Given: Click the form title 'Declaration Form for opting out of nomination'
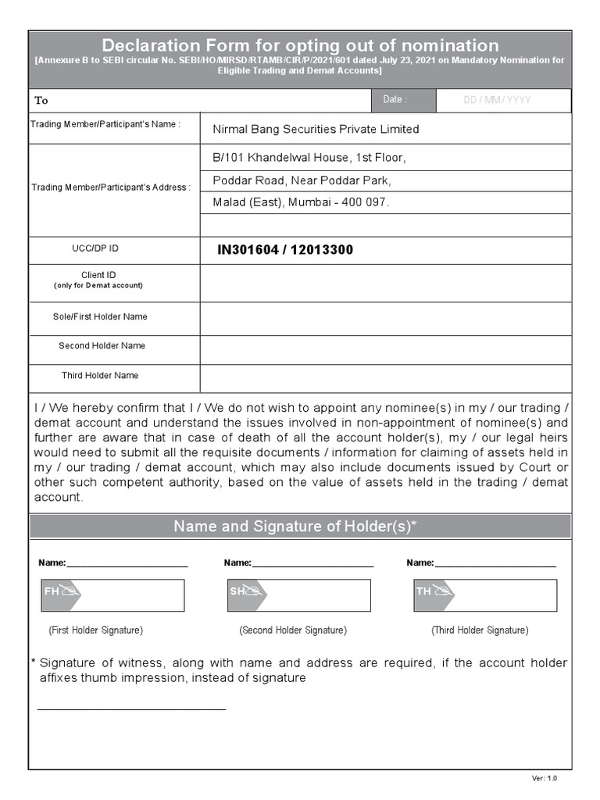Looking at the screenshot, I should pyautogui.click(x=300, y=45).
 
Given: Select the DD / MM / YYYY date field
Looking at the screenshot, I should pyautogui.click(x=497, y=100).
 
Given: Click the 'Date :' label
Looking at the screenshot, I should pyautogui.click(x=394, y=100).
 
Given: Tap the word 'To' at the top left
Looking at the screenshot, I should pyautogui.click(x=41, y=100).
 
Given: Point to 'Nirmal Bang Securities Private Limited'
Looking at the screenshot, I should pyautogui.click(x=316, y=129).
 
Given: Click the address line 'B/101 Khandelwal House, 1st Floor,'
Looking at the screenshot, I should pyautogui.click(x=309, y=158).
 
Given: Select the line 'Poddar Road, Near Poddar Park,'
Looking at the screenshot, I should pyautogui.click(x=302, y=180).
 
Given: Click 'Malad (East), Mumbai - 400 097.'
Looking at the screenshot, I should pyautogui.click(x=301, y=202).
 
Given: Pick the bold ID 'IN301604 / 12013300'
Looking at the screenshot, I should pyautogui.click(x=285, y=250).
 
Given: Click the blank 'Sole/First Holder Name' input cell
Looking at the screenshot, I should pyautogui.click(x=385, y=318).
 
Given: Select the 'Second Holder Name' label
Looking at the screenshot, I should pyautogui.click(x=102, y=346).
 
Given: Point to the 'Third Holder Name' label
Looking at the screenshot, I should pyautogui.click(x=100, y=376).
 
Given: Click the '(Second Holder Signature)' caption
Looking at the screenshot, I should pyautogui.click(x=293, y=630).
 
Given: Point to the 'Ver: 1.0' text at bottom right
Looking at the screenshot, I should pyautogui.click(x=545, y=778).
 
